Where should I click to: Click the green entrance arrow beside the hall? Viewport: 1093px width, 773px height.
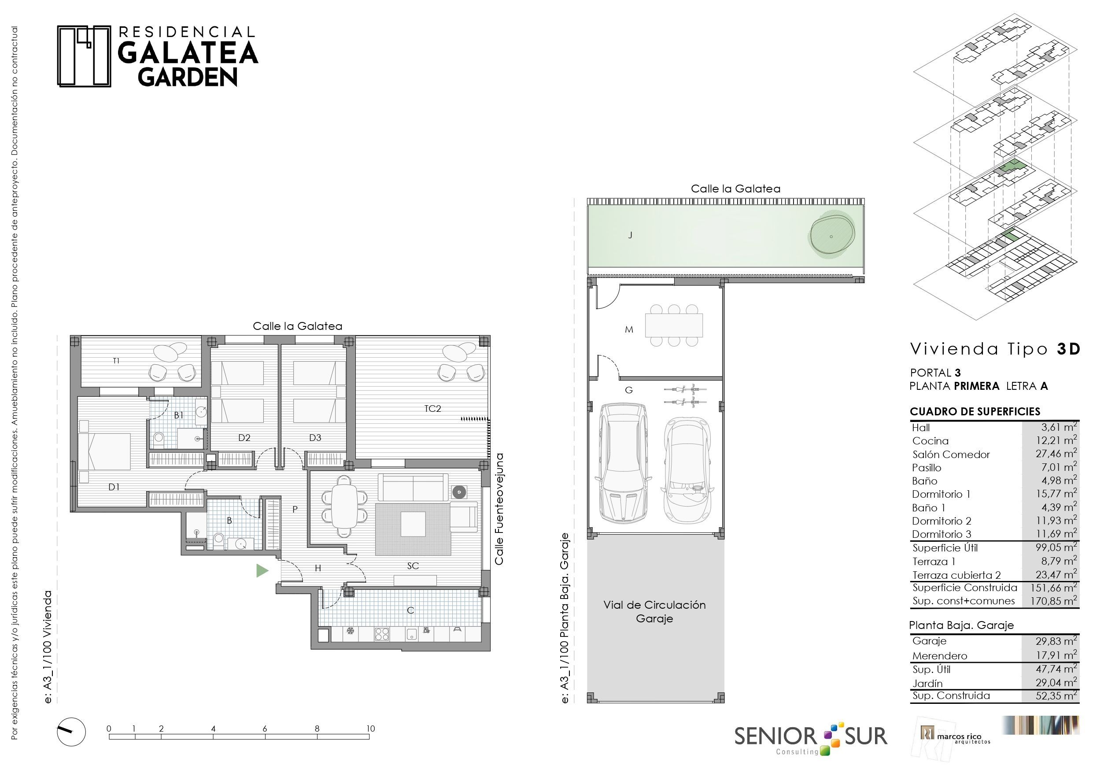(261, 570)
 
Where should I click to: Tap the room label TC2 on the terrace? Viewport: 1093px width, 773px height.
(432, 408)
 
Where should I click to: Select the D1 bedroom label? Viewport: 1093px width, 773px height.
(114, 487)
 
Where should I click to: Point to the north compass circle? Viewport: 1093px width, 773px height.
(71, 732)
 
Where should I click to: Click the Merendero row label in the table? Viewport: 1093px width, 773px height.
(939, 656)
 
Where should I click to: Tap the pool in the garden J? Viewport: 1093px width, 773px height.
(832, 236)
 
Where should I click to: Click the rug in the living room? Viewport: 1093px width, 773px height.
(413, 529)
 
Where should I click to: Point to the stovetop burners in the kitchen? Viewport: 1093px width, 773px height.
(381, 633)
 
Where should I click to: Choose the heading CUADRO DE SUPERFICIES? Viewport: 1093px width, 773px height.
(975, 411)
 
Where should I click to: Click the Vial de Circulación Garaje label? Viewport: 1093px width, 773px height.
(654, 611)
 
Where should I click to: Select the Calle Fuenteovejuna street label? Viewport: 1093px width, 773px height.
(499, 509)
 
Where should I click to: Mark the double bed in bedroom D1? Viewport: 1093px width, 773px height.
(105, 451)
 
